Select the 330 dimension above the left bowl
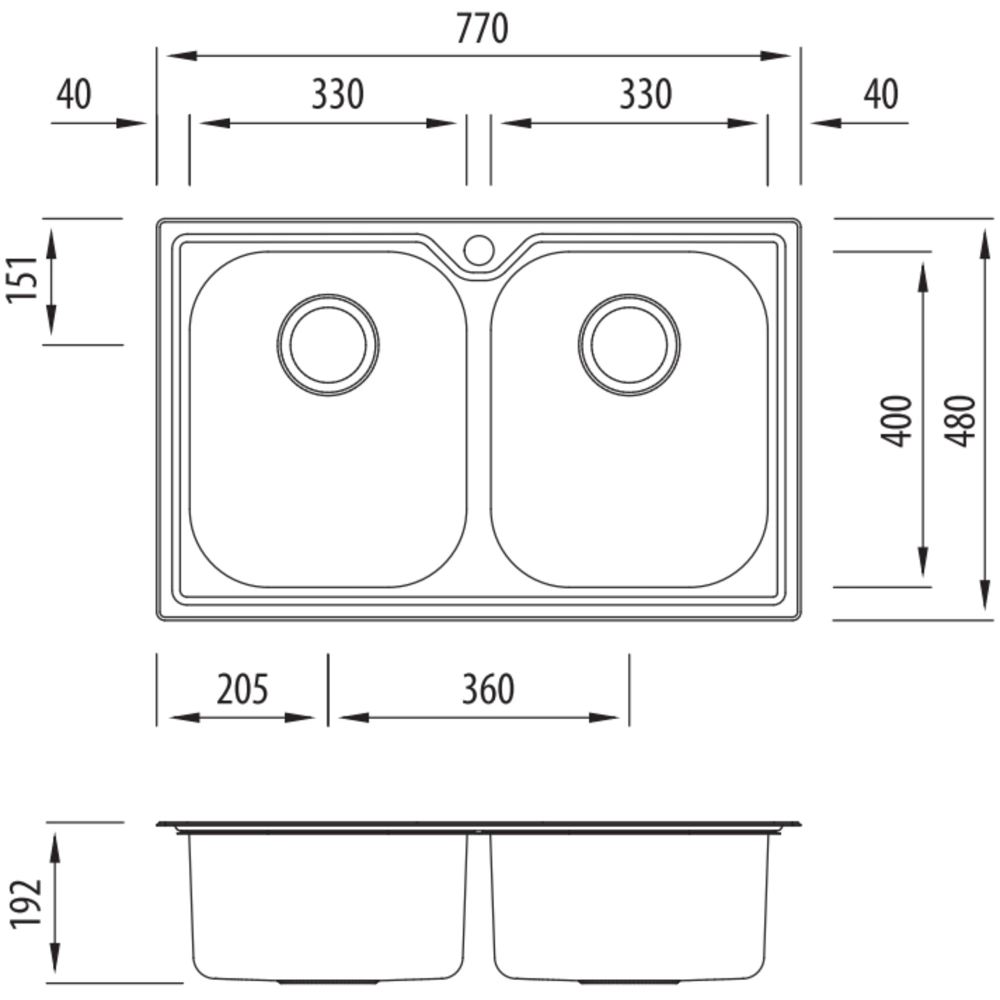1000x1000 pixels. tap(337, 94)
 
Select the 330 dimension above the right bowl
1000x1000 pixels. tap(646, 94)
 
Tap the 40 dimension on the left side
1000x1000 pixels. tap(74, 94)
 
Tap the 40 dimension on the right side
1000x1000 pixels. tap(880, 94)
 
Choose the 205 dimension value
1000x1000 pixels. tap(242, 689)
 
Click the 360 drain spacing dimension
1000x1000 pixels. tap(488, 689)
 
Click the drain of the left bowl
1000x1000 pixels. tap(328, 345)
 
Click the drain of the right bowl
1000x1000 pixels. tap(629, 345)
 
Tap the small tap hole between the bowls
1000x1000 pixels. tap(479, 250)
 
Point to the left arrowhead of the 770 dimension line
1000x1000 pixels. tap(181, 55)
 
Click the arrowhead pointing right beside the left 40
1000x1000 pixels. tap(132, 123)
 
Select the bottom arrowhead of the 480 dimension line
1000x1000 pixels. tap(983, 595)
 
